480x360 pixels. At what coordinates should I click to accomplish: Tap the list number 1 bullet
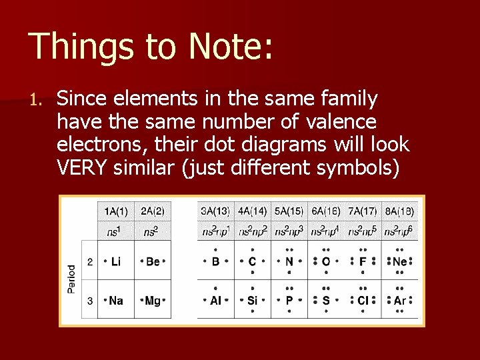click(x=36, y=101)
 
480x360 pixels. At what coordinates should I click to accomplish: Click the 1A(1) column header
click(x=117, y=212)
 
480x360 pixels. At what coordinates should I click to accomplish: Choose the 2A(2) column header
click(x=153, y=212)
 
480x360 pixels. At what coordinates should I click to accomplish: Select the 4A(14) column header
click(x=252, y=212)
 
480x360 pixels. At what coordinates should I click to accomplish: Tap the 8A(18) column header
click(x=399, y=212)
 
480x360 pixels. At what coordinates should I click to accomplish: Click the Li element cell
click(x=116, y=262)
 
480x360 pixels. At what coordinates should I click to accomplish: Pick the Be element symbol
click(x=153, y=262)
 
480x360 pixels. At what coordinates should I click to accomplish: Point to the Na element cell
click(x=116, y=301)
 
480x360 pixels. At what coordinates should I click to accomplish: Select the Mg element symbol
click(x=153, y=301)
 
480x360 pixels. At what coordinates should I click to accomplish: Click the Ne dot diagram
click(x=399, y=262)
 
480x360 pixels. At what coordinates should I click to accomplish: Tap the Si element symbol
click(x=252, y=301)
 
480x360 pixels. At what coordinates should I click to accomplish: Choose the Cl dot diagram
click(x=363, y=301)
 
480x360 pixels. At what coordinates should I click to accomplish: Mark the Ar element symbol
click(x=399, y=301)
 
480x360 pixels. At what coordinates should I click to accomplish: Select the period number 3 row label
click(x=90, y=301)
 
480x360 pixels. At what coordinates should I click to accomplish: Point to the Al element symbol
click(x=215, y=301)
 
